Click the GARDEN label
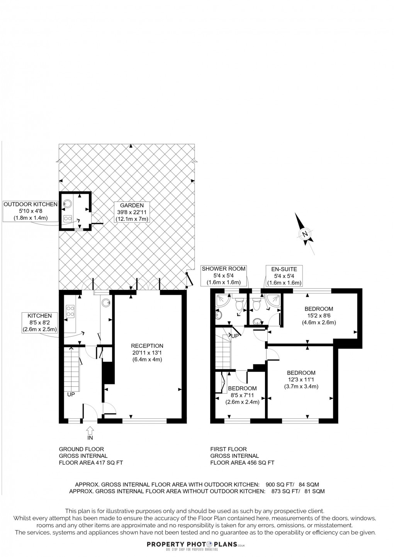[x=132, y=212]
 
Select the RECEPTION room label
[x=147, y=352]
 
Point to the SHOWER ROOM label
[x=224, y=275]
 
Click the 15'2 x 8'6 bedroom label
[x=319, y=315]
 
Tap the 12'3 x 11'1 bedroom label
[x=301, y=379]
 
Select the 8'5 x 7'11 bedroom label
[x=242, y=395]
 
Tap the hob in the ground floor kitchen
[x=71, y=311]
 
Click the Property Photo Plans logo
[x=197, y=545]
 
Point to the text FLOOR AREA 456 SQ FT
[x=242, y=463]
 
